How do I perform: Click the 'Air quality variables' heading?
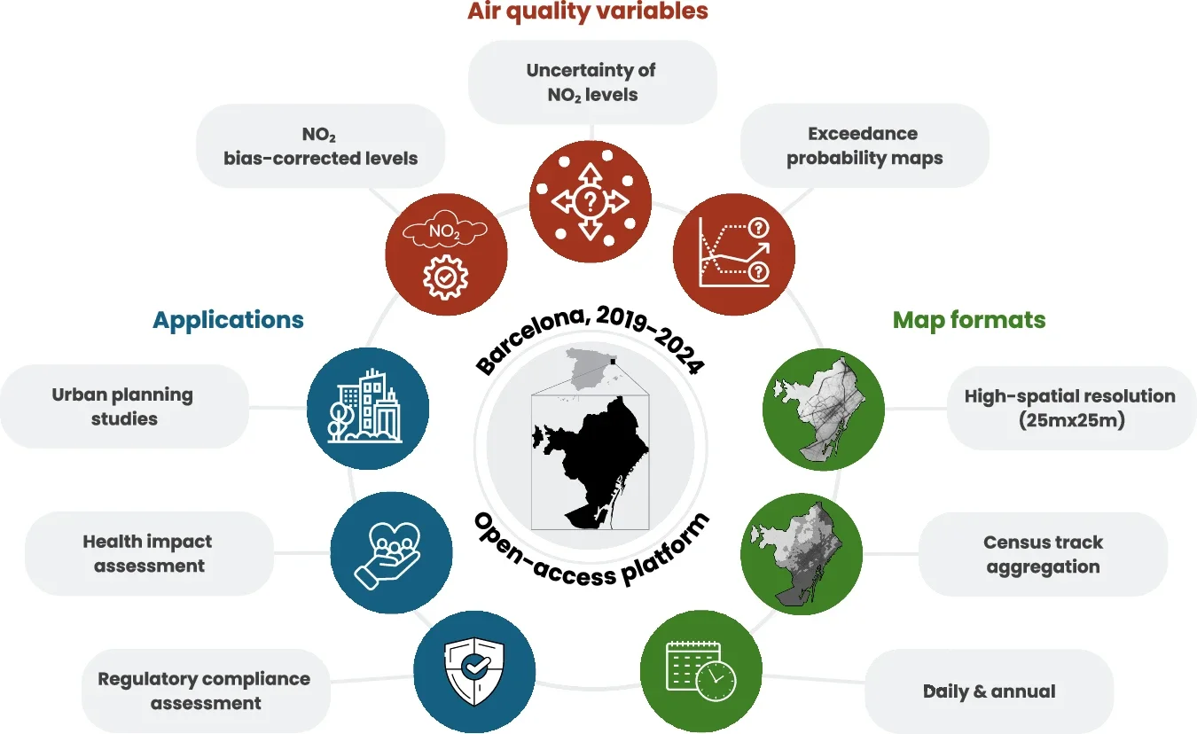pyautogui.click(x=588, y=12)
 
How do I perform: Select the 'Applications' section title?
pyautogui.click(x=228, y=320)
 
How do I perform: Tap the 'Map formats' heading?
pyautogui.click(x=969, y=320)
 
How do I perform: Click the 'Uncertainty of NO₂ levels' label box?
pyautogui.click(x=592, y=82)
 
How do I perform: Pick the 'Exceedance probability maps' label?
pyautogui.click(x=864, y=145)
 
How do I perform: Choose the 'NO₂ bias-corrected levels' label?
pyautogui.click(x=321, y=146)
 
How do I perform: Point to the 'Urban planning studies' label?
pyautogui.click(x=124, y=407)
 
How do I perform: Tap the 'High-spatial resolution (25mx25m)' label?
pyautogui.click(x=1071, y=408)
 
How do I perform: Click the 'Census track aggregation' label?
pyautogui.click(x=1043, y=554)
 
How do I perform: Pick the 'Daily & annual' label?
pyautogui.click(x=990, y=691)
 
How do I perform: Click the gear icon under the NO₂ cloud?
pyautogui.click(x=446, y=277)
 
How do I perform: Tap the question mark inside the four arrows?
pyautogui.click(x=590, y=202)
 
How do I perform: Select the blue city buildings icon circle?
pyautogui.click(x=368, y=409)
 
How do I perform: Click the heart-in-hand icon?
pyautogui.click(x=387, y=556)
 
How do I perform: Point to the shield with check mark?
pyautogui.click(x=474, y=671)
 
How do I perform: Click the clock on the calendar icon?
pyautogui.click(x=716, y=681)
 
